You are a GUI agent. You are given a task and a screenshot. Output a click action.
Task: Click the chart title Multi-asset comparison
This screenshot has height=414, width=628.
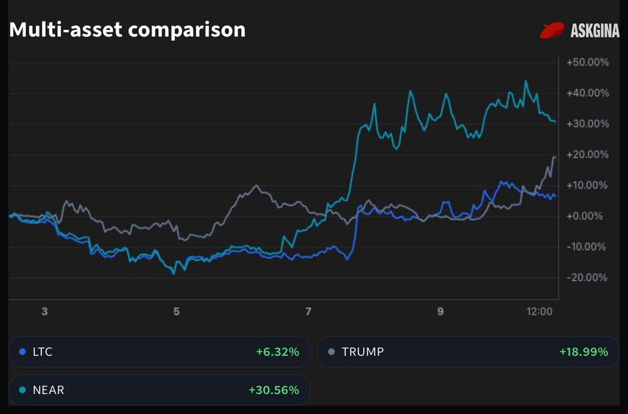[x=127, y=29]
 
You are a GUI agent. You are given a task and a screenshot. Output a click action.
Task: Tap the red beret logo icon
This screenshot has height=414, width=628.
[x=553, y=30]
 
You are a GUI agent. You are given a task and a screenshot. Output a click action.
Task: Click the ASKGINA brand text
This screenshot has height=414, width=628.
[x=595, y=30]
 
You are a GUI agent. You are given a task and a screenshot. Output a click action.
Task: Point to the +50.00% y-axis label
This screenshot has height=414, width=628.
[x=587, y=63]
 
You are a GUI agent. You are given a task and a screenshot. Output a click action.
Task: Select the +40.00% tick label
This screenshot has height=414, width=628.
[x=587, y=93]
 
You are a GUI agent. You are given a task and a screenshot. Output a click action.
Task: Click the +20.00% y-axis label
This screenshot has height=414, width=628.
[x=587, y=155]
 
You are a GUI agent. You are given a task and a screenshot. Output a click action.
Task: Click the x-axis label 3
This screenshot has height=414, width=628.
[x=44, y=312]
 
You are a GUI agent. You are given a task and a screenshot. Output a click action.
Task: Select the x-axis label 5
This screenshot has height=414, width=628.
[x=176, y=312]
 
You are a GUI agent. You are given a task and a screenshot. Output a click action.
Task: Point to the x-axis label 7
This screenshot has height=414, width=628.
[x=309, y=312]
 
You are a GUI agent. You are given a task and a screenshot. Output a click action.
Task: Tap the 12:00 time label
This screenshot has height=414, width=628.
[x=539, y=312]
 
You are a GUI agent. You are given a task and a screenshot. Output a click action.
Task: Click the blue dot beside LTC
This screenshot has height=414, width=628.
[x=23, y=352]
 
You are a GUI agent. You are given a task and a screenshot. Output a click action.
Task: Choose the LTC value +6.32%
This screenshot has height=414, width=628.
[x=277, y=352]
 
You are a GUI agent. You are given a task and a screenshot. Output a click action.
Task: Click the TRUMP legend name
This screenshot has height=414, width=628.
[x=363, y=352]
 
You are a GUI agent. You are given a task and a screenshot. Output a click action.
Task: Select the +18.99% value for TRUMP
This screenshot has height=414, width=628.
[x=584, y=352]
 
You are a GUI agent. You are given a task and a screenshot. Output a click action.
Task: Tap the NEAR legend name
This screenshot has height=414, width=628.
[x=49, y=390]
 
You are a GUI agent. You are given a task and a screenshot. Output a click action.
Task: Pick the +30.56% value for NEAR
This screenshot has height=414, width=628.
[x=274, y=390]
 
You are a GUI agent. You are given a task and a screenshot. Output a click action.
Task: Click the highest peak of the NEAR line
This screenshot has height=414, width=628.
[x=526, y=81]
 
